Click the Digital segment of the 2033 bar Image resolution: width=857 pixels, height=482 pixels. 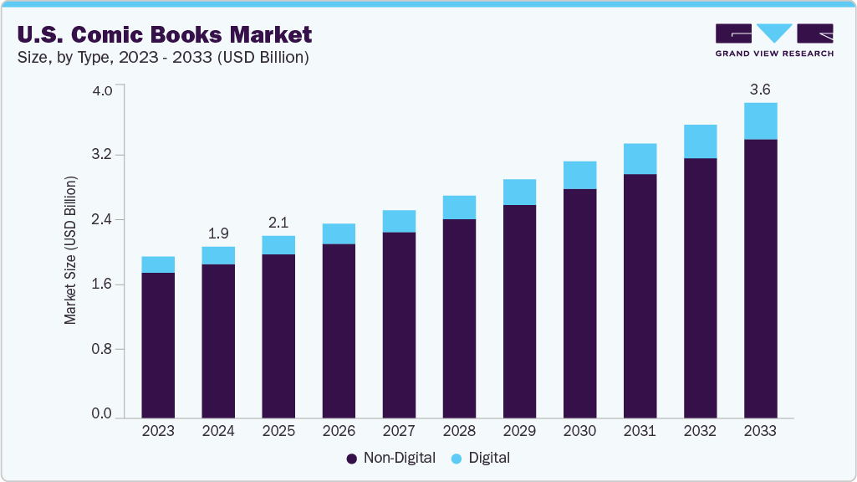(x=760, y=121)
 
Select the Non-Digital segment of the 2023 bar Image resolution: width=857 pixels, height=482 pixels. (x=158, y=345)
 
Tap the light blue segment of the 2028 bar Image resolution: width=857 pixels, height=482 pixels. (x=459, y=208)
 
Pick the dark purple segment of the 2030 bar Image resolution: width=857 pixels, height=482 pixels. (x=579, y=303)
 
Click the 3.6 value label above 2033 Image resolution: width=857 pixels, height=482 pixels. (x=760, y=89)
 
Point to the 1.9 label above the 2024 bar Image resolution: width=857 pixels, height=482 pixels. (x=218, y=233)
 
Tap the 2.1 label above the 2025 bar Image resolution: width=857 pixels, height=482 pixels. (x=278, y=223)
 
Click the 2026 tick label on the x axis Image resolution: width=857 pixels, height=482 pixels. (x=339, y=432)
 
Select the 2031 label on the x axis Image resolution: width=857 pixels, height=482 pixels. (x=640, y=432)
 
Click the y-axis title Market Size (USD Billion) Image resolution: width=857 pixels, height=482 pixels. (x=71, y=251)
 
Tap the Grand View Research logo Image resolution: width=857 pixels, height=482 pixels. (x=774, y=39)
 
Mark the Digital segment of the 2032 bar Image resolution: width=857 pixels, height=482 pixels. (x=700, y=141)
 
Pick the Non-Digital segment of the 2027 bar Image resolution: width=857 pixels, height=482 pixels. (x=399, y=325)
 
